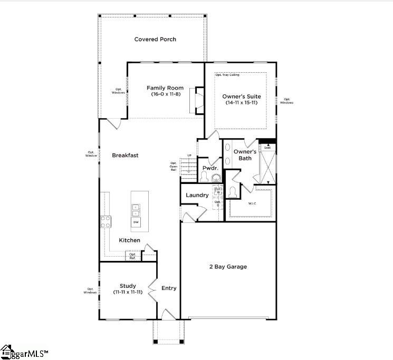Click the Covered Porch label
(x=155, y=40)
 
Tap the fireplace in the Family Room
(x=199, y=100)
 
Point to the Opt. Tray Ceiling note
(x=227, y=75)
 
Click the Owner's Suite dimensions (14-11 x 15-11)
(x=242, y=102)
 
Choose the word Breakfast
(x=125, y=155)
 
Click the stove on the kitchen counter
(x=106, y=222)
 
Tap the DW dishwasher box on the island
(x=136, y=222)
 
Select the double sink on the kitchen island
(x=136, y=210)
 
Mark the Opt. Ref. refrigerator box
(x=132, y=256)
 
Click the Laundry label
(x=197, y=195)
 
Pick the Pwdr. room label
(x=209, y=168)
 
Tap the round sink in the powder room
(x=216, y=179)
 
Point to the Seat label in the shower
(x=267, y=147)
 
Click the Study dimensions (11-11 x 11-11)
(x=128, y=292)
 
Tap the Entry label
(x=169, y=288)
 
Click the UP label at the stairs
(x=189, y=155)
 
